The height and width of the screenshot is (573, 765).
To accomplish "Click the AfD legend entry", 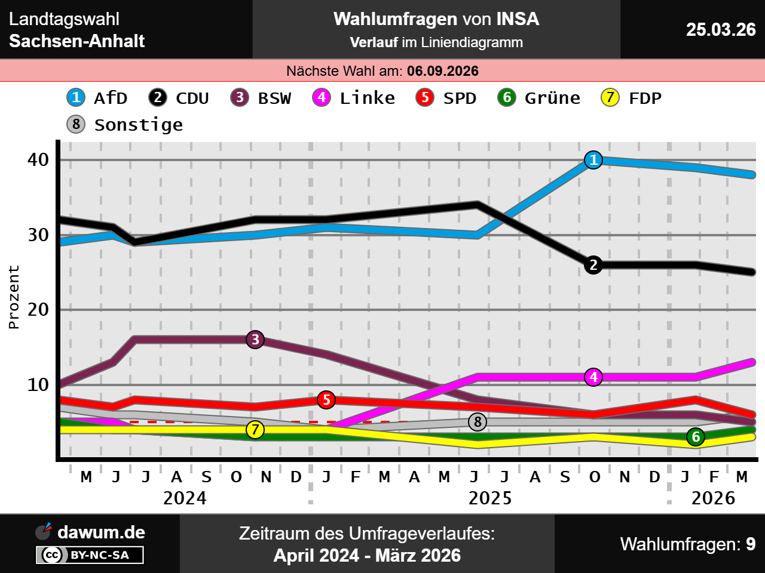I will point(97,98).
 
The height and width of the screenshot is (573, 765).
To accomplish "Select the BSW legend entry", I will point(261,98).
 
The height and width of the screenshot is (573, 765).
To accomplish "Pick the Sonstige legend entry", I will point(125,125).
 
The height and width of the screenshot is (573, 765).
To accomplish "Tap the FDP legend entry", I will point(632,98).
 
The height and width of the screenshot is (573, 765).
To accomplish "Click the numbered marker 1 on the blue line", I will point(593,160).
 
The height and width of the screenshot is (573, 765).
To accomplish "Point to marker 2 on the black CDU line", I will point(593,265).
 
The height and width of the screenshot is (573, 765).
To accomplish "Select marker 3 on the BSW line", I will point(255,340).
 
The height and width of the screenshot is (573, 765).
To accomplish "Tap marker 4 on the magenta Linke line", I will point(593,377).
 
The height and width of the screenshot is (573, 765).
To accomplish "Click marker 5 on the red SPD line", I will point(326,400).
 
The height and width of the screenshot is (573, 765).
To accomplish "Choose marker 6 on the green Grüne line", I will point(696,437).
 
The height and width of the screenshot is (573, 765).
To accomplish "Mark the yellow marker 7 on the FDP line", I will point(255,430).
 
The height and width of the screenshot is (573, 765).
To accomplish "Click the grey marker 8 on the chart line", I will point(478,422).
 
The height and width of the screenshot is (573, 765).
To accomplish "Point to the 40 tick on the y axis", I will point(38,160).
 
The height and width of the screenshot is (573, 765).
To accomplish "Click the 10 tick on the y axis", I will point(38,385).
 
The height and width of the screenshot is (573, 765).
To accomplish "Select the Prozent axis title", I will point(14,297).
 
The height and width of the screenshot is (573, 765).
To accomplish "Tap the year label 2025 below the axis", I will point(490,498).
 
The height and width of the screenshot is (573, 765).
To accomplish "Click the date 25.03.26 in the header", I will point(721,29).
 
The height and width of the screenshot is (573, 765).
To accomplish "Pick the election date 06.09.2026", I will point(443,71).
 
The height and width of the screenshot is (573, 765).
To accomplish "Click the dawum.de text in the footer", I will point(101,532).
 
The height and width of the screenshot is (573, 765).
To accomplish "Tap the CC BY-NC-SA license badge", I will point(90,555).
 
